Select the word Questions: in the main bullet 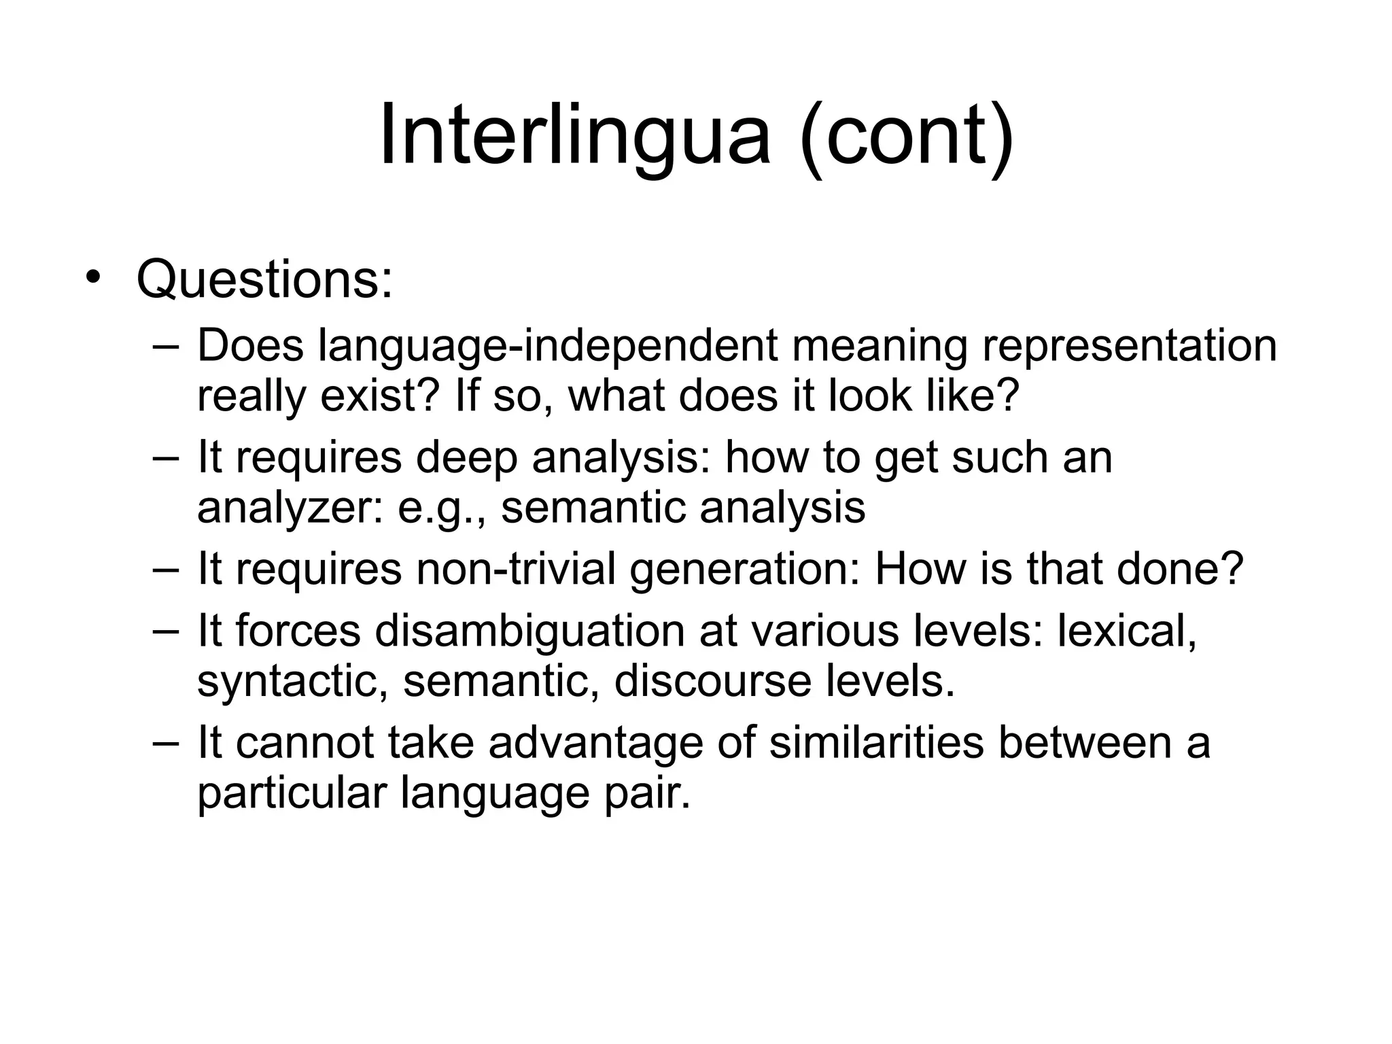[264, 279]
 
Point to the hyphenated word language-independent [548, 345]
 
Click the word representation [1129, 345]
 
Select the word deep [466, 457]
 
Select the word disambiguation [529, 630]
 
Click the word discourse [713, 681]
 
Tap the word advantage [595, 742]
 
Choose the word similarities [876, 742]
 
